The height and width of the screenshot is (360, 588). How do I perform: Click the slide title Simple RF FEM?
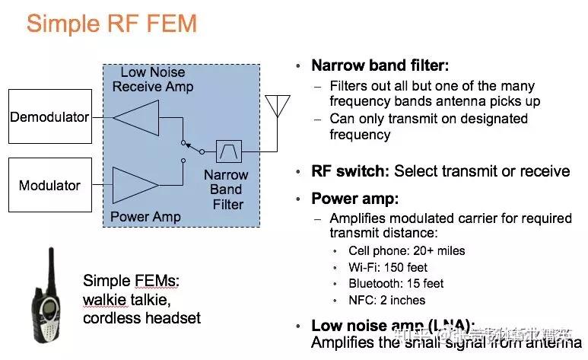(x=112, y=24)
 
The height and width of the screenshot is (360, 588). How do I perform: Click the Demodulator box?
(x=49, y=116)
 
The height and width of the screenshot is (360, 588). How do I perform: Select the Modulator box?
(x=49, y=186)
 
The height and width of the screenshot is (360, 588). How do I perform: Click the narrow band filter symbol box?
(x=227, y=151)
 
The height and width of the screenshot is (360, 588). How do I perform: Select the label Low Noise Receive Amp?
(x=153, y=79)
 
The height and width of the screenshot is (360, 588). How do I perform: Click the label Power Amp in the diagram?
(x=145, y=217)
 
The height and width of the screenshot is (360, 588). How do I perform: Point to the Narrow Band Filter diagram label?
(x=227, y=190)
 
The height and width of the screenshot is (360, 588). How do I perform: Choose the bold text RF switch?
(x=350, y=170)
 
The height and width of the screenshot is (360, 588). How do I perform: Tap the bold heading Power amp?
(x=354, y=199)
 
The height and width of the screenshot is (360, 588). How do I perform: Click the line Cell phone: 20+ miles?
(x=406, y=250)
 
